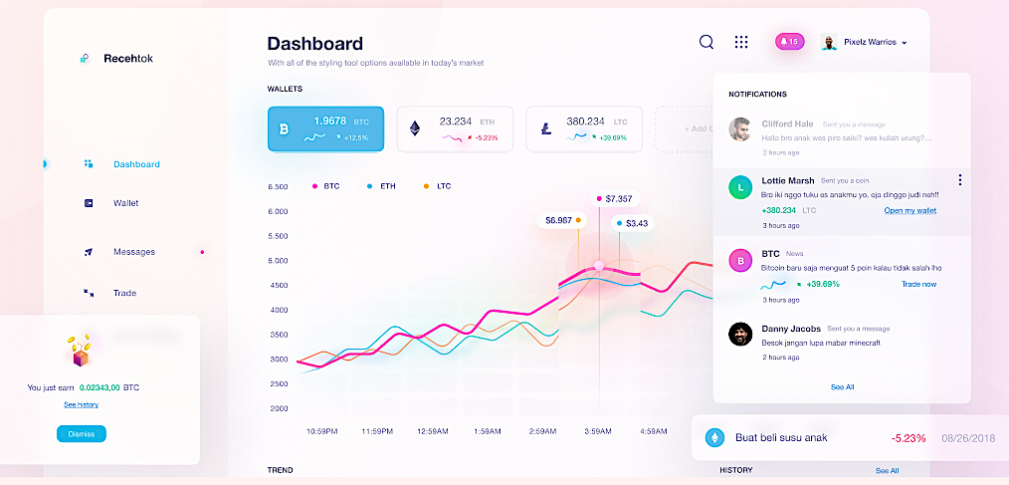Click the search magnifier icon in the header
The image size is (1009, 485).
click(x=706, y=42)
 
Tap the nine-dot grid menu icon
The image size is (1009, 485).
click(x=741, y=42)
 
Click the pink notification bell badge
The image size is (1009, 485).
click(x=789, y=42)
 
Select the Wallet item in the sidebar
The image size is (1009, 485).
click(x=125, y=203)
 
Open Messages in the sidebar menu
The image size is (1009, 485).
click(x=133, y=252)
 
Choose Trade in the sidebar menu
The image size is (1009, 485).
click(x=124, y=293)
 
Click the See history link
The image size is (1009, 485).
click(x=81, y=404)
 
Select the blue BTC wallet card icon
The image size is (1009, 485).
click(x=284, y=129)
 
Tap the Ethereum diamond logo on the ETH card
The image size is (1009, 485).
click(x=415, y=129)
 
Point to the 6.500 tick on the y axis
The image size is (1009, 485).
click(x=278, y=186)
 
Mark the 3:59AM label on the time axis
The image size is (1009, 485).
click(x=599, y=431)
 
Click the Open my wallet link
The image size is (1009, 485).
click(x=909, y=210)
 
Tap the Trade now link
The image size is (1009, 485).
click(x=918, y=284)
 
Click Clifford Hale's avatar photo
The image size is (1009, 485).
click(x=740, y=129)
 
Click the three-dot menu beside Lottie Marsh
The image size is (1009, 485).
click(x=959, y=180)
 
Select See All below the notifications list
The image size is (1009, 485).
click(x=842, y=386)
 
